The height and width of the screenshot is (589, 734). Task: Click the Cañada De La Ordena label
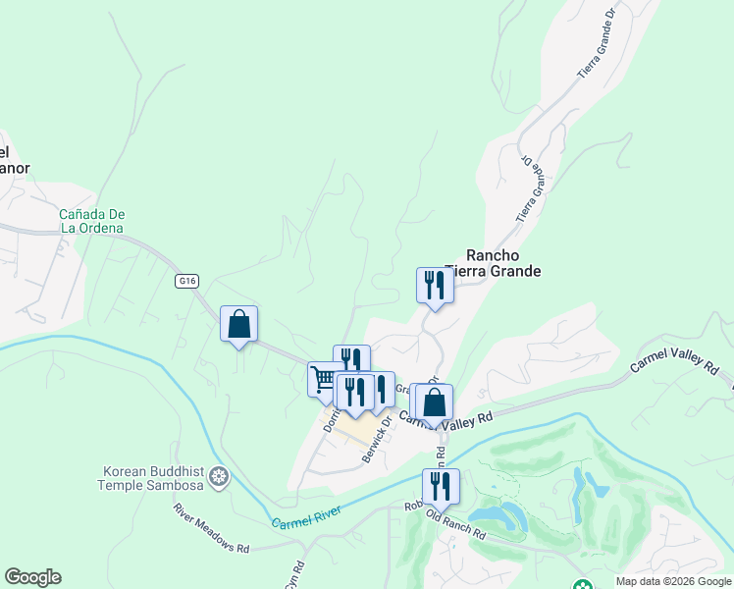92,221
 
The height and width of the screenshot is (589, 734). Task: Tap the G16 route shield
187,281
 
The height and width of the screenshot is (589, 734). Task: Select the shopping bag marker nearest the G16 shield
239,324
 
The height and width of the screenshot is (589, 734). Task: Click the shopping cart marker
325,379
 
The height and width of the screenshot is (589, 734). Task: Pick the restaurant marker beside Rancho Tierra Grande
435,287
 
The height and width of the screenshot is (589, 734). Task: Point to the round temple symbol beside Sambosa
221,478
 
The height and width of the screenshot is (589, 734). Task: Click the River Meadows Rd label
212,527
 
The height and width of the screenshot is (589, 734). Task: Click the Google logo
32,577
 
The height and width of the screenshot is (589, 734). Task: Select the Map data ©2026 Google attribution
674,581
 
